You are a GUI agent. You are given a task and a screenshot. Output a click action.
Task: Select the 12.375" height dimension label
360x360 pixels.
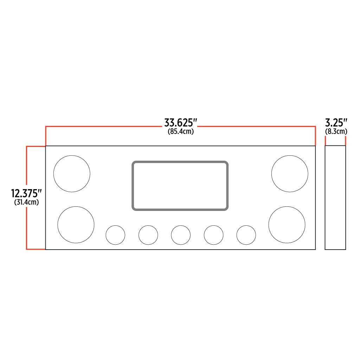click(26, 193)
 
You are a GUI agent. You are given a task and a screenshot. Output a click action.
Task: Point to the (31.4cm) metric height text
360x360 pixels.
click(27, 202)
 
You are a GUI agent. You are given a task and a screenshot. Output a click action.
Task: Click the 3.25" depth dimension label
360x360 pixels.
click(336, 123)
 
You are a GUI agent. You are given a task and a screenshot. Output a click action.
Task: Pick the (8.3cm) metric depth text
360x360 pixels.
click(336, 131)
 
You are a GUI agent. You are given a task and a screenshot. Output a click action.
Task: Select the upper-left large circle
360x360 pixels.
click(72, 174)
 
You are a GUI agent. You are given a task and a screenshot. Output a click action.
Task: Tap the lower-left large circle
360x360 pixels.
click(76, 225)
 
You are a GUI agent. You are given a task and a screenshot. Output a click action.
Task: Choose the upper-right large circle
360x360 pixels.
click(290, 174)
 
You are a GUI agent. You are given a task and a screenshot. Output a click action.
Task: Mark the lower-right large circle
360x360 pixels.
click(287, 225)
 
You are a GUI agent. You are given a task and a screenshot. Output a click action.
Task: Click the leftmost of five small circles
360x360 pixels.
click(115, 235)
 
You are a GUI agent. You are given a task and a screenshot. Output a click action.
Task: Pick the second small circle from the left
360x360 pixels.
click(148, 235)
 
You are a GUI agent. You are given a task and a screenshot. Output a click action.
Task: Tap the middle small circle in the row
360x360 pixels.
click(181, 235)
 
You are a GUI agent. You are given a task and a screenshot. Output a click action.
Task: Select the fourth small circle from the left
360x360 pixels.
click(213, 235)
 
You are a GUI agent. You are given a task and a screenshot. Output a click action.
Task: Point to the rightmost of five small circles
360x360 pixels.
click(246, 235)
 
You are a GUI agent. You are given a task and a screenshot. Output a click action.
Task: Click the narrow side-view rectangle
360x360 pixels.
click(335, 198)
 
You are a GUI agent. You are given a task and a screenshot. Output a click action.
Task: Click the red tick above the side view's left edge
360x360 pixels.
click(325, 141)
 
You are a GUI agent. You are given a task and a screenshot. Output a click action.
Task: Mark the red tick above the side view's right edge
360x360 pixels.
click(346, 141)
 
